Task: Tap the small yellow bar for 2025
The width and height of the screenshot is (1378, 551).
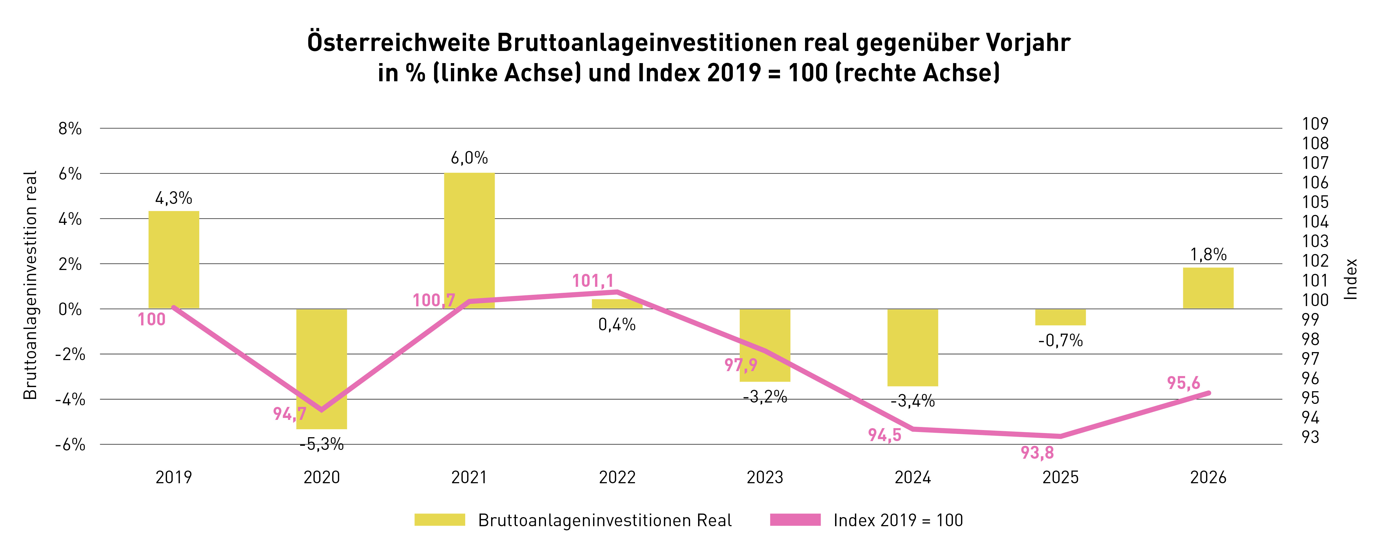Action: point(1060,317)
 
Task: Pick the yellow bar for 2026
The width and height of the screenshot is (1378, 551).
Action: point(1208,288)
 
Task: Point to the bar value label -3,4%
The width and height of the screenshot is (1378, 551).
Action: point(913,401)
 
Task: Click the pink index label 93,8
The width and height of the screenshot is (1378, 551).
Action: point(1037,453)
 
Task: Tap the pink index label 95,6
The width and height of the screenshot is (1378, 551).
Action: point(1183,383)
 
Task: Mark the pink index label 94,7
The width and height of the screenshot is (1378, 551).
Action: point(289,414)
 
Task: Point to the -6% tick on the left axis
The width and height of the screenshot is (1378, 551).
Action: point(70,445)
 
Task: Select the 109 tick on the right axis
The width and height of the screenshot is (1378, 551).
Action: point(1315,124)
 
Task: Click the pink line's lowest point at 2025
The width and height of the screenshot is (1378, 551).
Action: point(1060,436)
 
